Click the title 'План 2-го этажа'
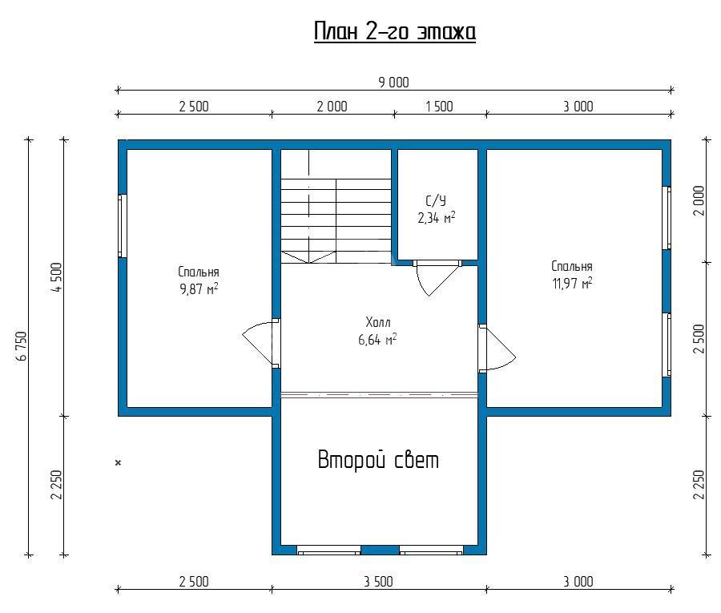pos(394,32)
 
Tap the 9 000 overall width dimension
pos(393,83)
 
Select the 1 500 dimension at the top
pos(439,107)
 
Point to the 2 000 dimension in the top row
pos(332,107)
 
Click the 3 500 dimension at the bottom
pos(378,582)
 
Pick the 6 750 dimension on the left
pos(23,346)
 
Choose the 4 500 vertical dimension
pos(57,277)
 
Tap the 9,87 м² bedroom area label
pos(199,288)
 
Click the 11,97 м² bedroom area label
pos(572,283)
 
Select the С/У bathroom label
pos(436,200)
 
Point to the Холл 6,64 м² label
pos(377,331)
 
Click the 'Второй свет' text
pos(378,459)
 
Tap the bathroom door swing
pos(437,278)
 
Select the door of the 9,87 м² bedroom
pos(261,343)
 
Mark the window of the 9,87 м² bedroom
pos(123,226)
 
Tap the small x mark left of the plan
pos(119,462)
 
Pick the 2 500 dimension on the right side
pos(699,339)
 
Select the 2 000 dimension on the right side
pos(699,200)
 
